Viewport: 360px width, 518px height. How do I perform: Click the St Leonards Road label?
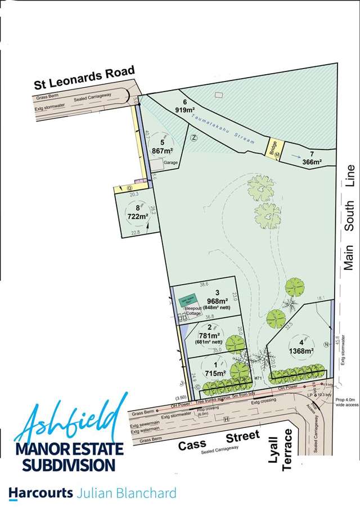pos(84,78)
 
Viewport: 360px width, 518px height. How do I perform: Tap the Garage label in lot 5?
pos(171,163)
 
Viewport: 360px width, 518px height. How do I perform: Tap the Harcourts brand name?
pos(40,493)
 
